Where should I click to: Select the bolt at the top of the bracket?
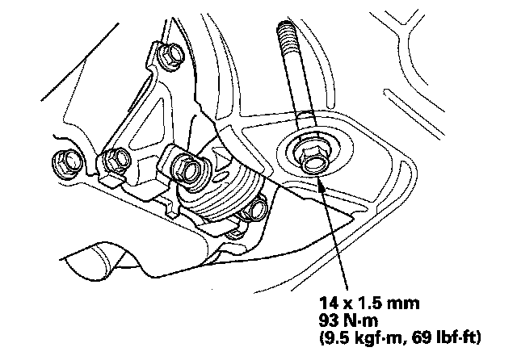[171, 57]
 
